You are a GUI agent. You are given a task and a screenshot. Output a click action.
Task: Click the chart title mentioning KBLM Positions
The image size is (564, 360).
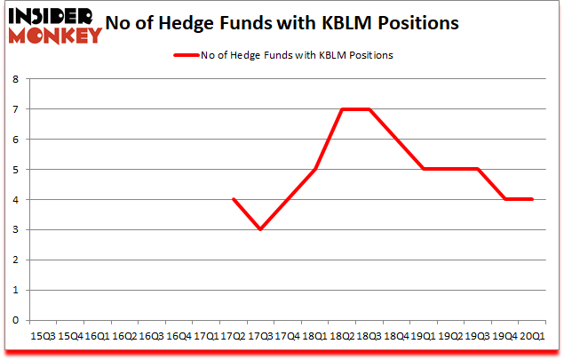click(x=282, y=23)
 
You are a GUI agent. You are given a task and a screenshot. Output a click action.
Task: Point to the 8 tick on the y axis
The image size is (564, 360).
click(x=15, y=79)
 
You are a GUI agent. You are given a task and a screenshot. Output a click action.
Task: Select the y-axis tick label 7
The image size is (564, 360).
click(x=15, y=109)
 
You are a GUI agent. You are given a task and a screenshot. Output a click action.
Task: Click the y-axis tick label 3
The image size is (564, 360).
click(x=15, y=230)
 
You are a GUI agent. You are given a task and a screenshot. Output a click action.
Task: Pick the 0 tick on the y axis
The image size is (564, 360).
click(x=15, y=320)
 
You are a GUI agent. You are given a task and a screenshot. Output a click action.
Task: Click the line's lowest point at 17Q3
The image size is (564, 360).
click(x=260, y=229)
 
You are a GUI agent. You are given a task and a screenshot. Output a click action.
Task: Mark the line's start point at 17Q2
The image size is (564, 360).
click(x=233, y=199)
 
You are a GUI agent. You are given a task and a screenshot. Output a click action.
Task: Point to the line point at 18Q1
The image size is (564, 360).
click(x=314, y=169)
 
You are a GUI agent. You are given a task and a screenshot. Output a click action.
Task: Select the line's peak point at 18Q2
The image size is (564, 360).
click(x=341, y=109)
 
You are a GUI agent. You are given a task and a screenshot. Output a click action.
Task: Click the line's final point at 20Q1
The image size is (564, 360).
click(x=531, y=199)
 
